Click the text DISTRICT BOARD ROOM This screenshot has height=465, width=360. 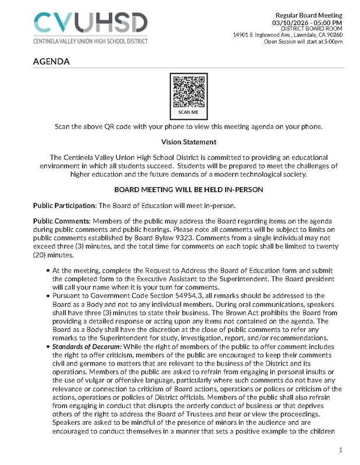point(314,28)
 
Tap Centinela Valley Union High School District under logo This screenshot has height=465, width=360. point(91,41)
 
